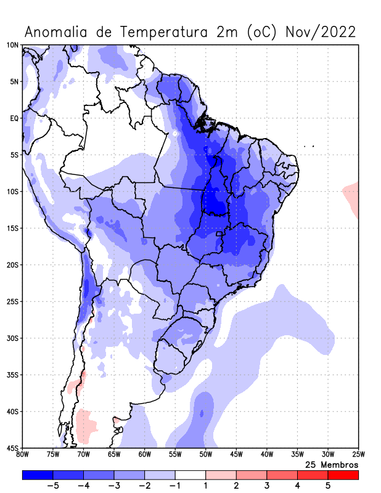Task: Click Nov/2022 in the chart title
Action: (321, 31)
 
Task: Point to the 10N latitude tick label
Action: (12, 45)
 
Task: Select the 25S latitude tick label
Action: (12, 301)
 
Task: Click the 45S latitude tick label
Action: (12, 447)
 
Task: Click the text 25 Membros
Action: (332, 464)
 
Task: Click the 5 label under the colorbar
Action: (328, 486)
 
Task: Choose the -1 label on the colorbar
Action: (174, 486)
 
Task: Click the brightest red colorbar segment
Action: (343, 475)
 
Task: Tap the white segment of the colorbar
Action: (190, 475)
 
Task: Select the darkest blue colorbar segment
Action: (37, 475)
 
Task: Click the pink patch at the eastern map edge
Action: (351, 196)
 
